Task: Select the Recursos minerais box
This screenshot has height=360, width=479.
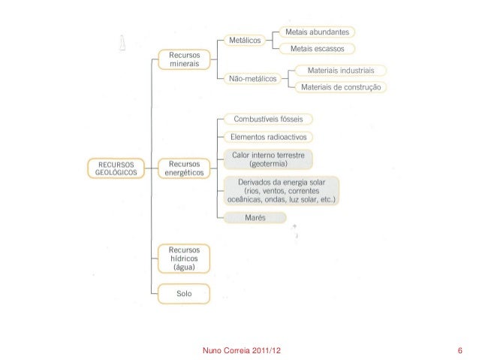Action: pyautogui.click(x=183, y=60)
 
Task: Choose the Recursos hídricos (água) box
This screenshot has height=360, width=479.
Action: pyautogui.click(x=183, y=258)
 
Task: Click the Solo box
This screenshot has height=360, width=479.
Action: pyautogui.click(x=183, y=292)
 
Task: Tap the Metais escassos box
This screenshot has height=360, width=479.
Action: pyautogui.click(x=316, y=49)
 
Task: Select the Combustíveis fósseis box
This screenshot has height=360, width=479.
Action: pyautogui.click(x=267, y=119)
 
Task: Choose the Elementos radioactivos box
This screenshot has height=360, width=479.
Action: pyautogui.click(x=267, y=137)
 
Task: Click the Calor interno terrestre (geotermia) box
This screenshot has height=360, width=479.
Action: pyautogui.click(x=267, y=159)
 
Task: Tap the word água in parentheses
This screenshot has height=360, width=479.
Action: pyautogui.click(x=183, y=266)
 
